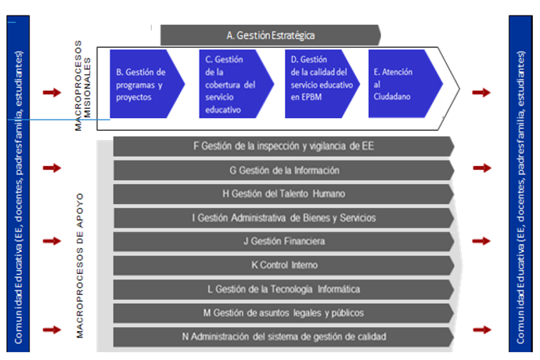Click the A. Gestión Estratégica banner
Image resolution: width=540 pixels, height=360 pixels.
(x=270, y=34)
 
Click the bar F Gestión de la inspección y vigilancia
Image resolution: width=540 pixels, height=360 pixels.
(x=283, y=146)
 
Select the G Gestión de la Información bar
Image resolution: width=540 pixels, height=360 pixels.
(x=283, y=170)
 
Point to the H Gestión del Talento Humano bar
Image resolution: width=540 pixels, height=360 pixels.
(x=283, y=194)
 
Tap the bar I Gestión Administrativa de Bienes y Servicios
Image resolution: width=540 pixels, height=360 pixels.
(x=283, y=218)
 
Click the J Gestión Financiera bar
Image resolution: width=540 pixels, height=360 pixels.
(x=283, y=241)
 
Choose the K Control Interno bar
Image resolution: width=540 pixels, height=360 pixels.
(x=283, y=265)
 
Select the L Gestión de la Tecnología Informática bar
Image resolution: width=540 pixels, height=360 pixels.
(x=283, y=289)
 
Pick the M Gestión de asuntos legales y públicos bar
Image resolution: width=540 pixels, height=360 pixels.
(x=283, y=313)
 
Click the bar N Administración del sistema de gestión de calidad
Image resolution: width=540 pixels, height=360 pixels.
(x=283, y=337)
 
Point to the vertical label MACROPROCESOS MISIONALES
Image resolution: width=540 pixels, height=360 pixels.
(x=83, y=85)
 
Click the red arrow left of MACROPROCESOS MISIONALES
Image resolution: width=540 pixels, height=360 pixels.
(x=51, y=93)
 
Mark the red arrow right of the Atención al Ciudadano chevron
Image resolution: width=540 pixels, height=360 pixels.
(x=481, y=93)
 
